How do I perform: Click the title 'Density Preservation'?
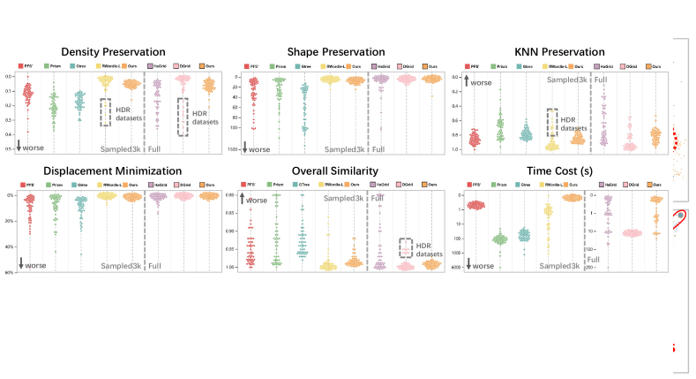(120, 52)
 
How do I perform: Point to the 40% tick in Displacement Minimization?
(11, 246)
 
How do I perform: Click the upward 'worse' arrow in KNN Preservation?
(467, 82)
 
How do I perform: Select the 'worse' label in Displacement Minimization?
(35, 265)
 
